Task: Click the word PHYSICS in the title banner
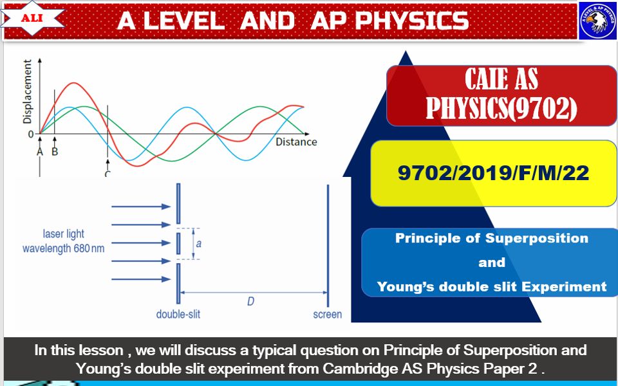tap(412, 21)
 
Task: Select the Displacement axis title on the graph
tap(28, 91)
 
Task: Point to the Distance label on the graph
tap(296, 142)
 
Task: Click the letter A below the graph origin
tap(40, 152)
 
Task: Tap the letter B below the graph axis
tap(55, 152)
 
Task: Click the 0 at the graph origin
tap(30, 134)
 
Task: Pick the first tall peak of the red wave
tap(75, 84)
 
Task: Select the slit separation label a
tap(198, 244)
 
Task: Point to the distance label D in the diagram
tap(250, 301)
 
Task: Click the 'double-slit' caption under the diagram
tap(178, 315)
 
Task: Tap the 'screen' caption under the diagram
tap(327, 315)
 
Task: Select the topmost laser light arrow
tap(138, 207)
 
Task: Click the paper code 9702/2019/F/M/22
tap(493, 173)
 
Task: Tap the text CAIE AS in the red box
tap(501, 80)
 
